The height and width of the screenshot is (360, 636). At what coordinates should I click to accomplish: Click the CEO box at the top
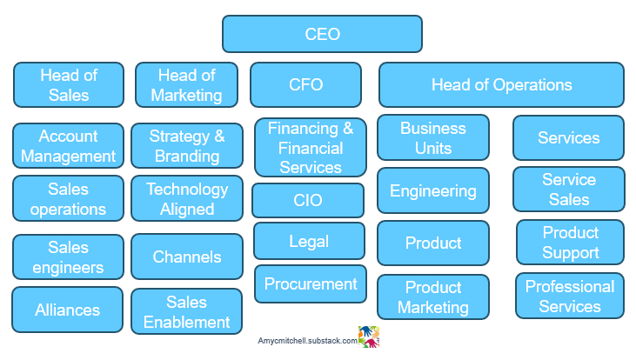pyautogui.click(x=322, y=35)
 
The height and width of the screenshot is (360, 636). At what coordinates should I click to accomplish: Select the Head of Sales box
pyautogui.click(x=68, y=84)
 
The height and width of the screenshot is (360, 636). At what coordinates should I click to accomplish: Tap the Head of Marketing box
pyautogui.click(x=186, y=84)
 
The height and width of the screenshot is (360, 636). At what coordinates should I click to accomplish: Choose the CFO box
pyautogui.click(x=305, y=84)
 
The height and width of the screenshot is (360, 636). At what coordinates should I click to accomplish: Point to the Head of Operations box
pyautogui.click(x=501, y=84)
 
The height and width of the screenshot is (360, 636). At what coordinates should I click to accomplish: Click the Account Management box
pyautogui.click(x=68, y=146)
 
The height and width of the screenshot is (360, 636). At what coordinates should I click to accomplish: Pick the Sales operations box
pyautogui.click(x=68, y=198)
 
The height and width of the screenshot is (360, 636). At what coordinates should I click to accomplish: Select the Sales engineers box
pyautogui.click(x=68, y=257)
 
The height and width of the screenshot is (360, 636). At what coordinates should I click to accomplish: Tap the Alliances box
pyautogui.click(x=68, y=310)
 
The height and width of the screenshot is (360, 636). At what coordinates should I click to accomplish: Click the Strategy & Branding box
pyautogui.click(x=186, y=146)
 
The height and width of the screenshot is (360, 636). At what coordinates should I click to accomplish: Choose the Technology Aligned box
pyautogui.click(x=186, y=198)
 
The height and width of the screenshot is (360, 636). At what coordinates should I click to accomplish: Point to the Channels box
pyautogui.click(x=186, y=257)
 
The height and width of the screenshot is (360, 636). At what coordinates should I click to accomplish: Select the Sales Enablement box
pyautogui.click(x=186, y=311)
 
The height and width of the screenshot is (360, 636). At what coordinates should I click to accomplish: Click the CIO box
pyautogui.click(x=308, y=200)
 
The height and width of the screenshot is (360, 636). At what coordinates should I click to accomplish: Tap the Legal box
pyautogui.click(x=309, y=241)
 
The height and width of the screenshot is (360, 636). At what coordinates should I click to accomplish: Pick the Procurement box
pyautogui.click(x=311, y=283)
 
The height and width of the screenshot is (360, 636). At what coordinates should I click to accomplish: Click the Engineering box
pyautogui.click(x=432, y=190)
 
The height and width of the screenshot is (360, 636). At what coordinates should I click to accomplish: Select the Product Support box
pyautogui.click(x=570, y=243)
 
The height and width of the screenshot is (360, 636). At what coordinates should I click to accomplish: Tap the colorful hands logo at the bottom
pyautogui.click(x=370, y=337)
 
